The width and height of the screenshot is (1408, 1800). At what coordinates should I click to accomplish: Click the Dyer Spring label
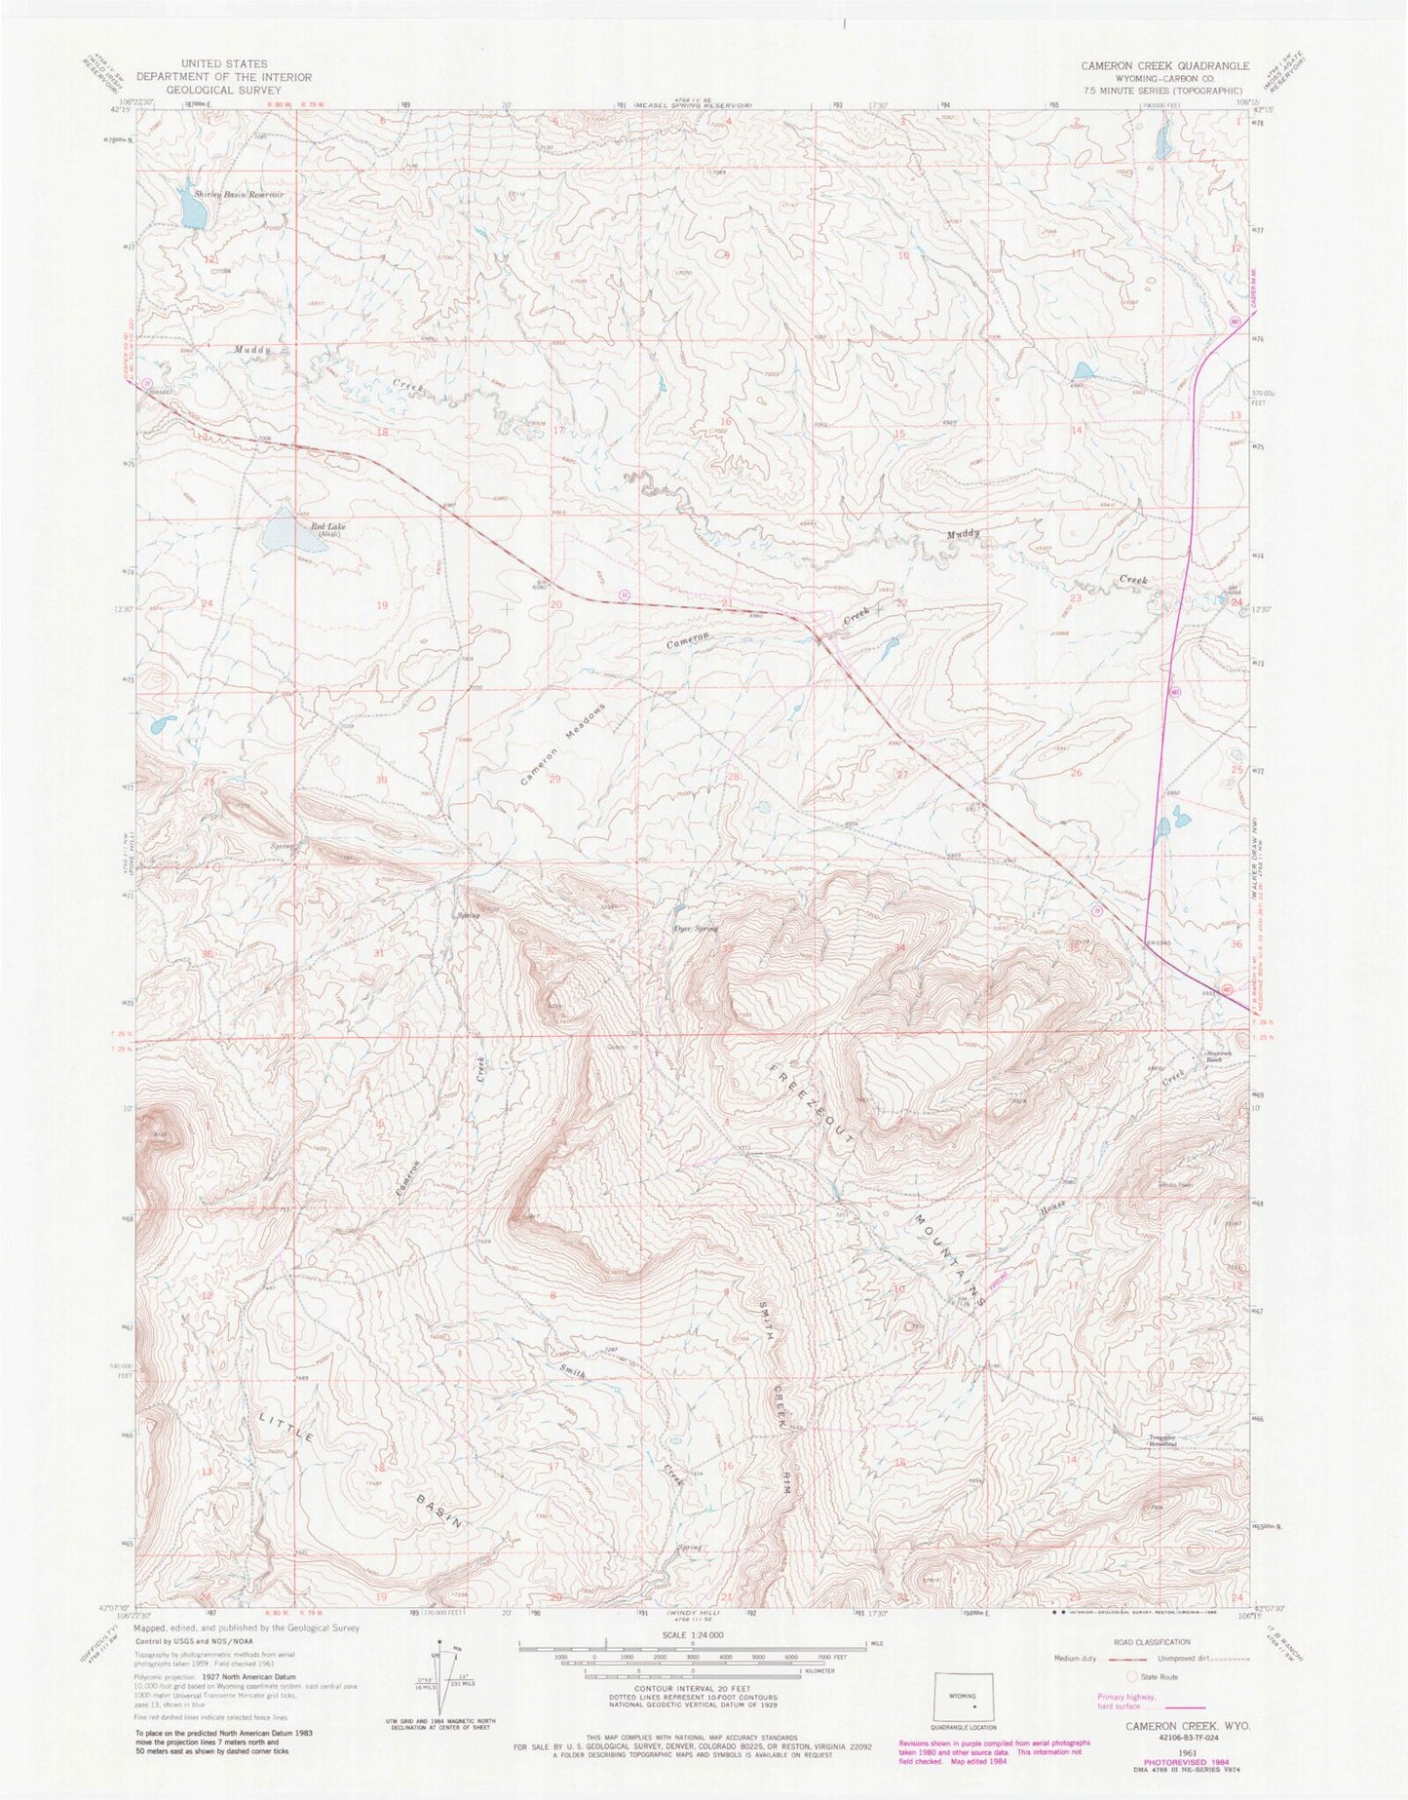tap(696, 929)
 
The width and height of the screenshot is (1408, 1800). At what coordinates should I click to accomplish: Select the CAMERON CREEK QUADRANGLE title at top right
tap(1163, 65)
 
